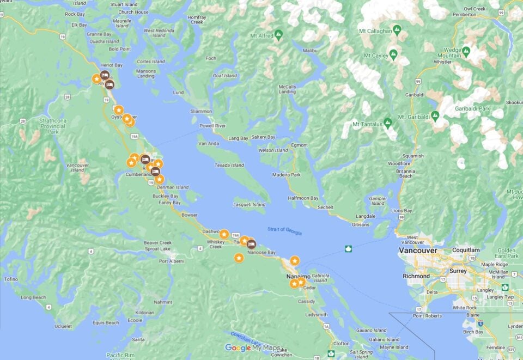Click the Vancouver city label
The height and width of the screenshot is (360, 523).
click(x=418, y=251)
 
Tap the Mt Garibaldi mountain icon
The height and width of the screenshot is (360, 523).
click(x=435, y=116)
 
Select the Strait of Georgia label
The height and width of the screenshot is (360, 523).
click(x=284, y=231)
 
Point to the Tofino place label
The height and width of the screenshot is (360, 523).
click(x=10, y=279)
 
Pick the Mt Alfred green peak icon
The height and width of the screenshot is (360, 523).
click(x=279, y=34)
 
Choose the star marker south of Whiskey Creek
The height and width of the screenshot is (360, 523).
click(x=239, y=258)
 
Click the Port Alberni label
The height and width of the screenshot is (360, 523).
click(x=171, y=261)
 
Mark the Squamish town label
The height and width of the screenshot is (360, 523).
click(x=412, y=156)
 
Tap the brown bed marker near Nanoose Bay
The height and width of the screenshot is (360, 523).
click(x=252, y=243)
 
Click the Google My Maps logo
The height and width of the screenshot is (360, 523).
click(x=253, y=348)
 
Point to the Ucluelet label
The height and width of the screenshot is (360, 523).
click(x=56, y=326)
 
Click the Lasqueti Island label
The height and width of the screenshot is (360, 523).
click(x=249, y=205)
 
